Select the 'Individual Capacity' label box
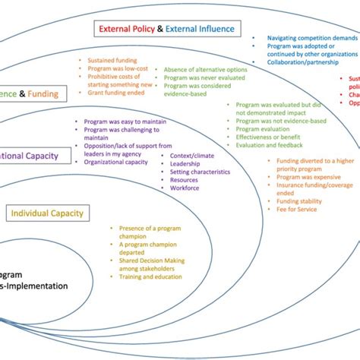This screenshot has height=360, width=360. (x=46, y=213)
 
